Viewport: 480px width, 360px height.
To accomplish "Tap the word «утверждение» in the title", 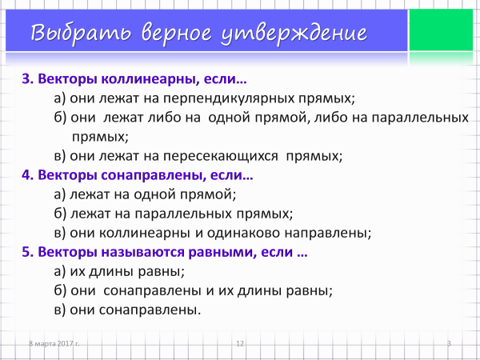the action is coord(294,34).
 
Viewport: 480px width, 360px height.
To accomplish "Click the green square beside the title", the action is coord(441,30).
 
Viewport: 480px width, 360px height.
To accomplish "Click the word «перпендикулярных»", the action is coord(230,99).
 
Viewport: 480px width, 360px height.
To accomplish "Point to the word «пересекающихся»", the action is coord(221,156).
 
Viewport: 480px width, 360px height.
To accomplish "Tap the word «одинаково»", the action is coord(244,233).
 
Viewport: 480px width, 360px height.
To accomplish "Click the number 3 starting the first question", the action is coord(27,79).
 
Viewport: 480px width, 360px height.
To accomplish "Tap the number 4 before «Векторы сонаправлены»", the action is coord(27,175).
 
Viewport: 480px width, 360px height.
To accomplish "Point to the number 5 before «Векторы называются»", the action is coord(27,252).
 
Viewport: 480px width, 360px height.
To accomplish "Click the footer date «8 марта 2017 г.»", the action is coord(54,343).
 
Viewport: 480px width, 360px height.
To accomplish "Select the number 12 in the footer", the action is coord(240,343).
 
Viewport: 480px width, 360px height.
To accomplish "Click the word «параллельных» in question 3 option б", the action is coord(420,118).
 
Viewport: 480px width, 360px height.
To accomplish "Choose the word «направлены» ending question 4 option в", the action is coord(328,234).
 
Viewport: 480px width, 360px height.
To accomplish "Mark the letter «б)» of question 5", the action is coord(60,290).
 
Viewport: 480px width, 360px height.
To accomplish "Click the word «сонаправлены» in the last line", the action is coord(150,310).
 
